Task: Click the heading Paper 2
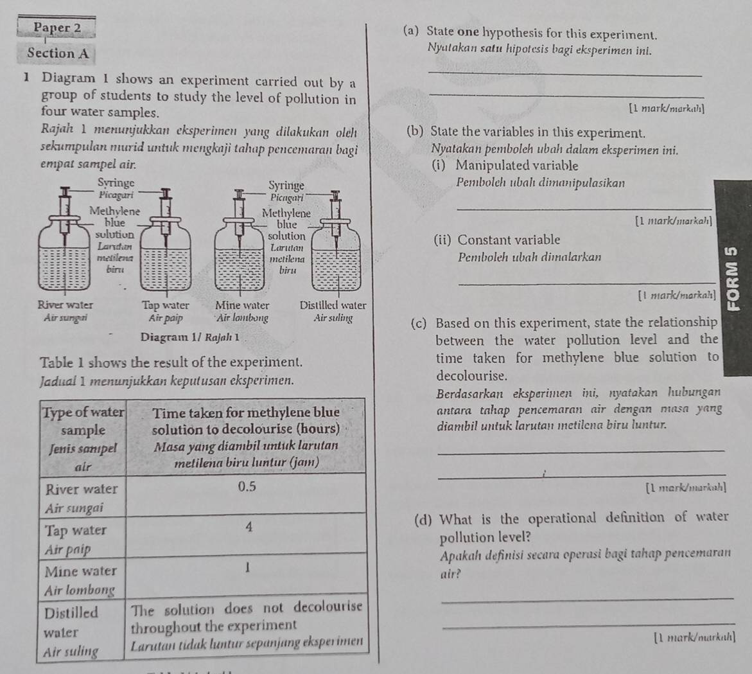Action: coord(57,28)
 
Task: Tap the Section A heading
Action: coord(58,53)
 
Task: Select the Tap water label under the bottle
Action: coord(166,305)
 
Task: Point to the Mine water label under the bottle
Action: coord(242,305)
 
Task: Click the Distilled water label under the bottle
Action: coord(333,305)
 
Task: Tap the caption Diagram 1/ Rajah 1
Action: coord(191,337)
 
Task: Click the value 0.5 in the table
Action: coord(247,487)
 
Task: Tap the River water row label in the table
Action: coord(82,489)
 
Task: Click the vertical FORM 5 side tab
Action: coord(734,276)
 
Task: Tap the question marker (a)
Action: coord(412,31)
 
